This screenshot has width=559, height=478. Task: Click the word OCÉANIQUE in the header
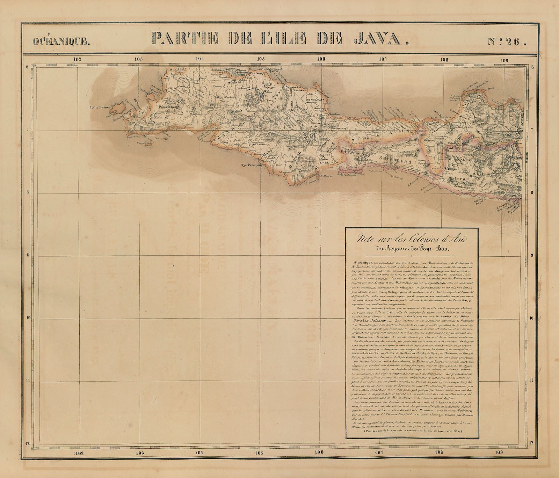coord(61,42)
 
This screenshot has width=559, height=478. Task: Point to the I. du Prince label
coord(100,107)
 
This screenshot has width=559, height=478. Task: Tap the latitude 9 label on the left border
coord(26,255)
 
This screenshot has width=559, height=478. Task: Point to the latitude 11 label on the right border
coord(531,381)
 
